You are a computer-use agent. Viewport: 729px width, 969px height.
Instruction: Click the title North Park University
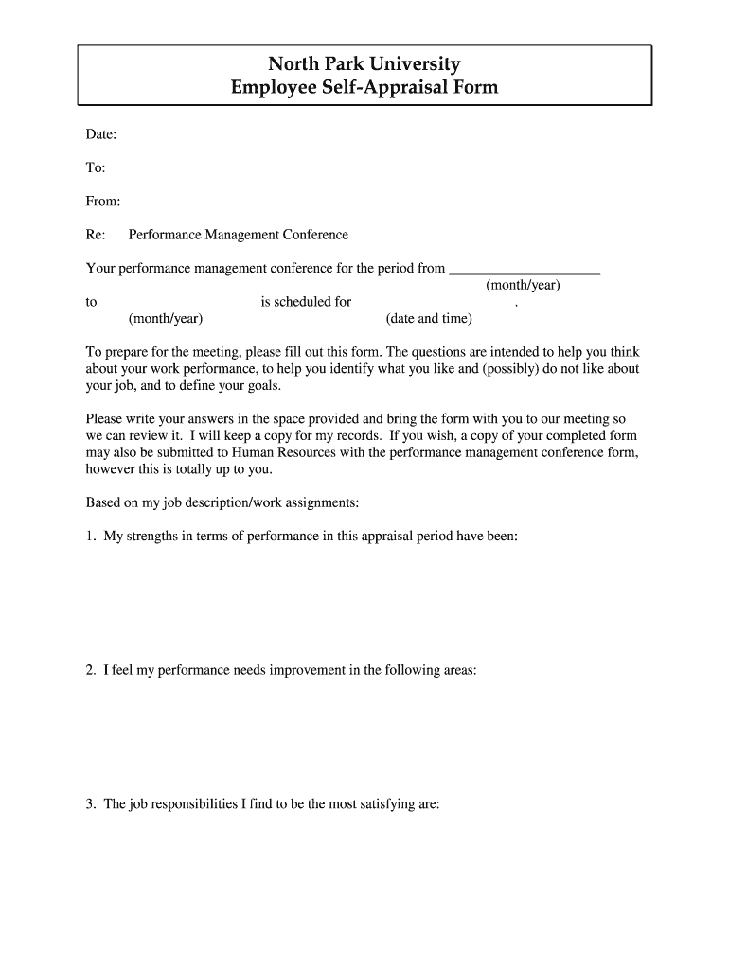point(364,64)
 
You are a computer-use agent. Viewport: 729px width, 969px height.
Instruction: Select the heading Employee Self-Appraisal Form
point(364,89)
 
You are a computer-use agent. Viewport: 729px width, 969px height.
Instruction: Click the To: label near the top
point(96,168)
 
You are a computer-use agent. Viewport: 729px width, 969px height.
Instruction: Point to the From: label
point(103,202)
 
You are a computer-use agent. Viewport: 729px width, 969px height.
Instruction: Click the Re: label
point(96,235)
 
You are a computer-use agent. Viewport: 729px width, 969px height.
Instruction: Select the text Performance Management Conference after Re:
point(239,235)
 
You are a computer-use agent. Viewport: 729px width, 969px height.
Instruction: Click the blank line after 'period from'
point(525,271)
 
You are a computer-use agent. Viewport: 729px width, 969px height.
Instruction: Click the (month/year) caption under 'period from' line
point(523,285)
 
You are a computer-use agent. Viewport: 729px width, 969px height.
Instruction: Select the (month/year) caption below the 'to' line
point(166,319)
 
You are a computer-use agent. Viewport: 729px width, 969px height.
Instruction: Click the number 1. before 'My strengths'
point(91,537)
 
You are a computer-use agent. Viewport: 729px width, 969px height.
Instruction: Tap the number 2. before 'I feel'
point(91,670)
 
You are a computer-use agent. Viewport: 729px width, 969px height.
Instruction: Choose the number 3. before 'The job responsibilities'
point(91,804)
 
